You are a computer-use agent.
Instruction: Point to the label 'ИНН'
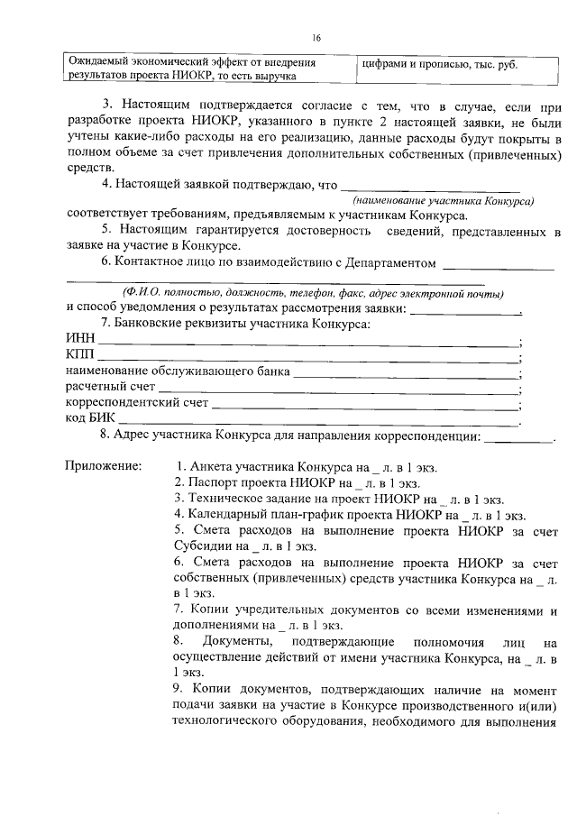pyautogui.click(x=80, y=339)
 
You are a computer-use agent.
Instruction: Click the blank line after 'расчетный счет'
pyautogui.click(x=338, y=388)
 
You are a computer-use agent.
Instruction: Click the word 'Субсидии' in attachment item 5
pyautogui.click(x=199, y=546)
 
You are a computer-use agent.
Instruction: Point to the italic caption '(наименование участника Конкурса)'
pyautogui.click(x=444, y=199)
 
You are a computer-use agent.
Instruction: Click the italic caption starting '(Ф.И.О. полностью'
pyautogui.click(x=311, y=293)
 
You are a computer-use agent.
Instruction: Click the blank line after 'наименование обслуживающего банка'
pyautogui.click(x=406, y=371)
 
